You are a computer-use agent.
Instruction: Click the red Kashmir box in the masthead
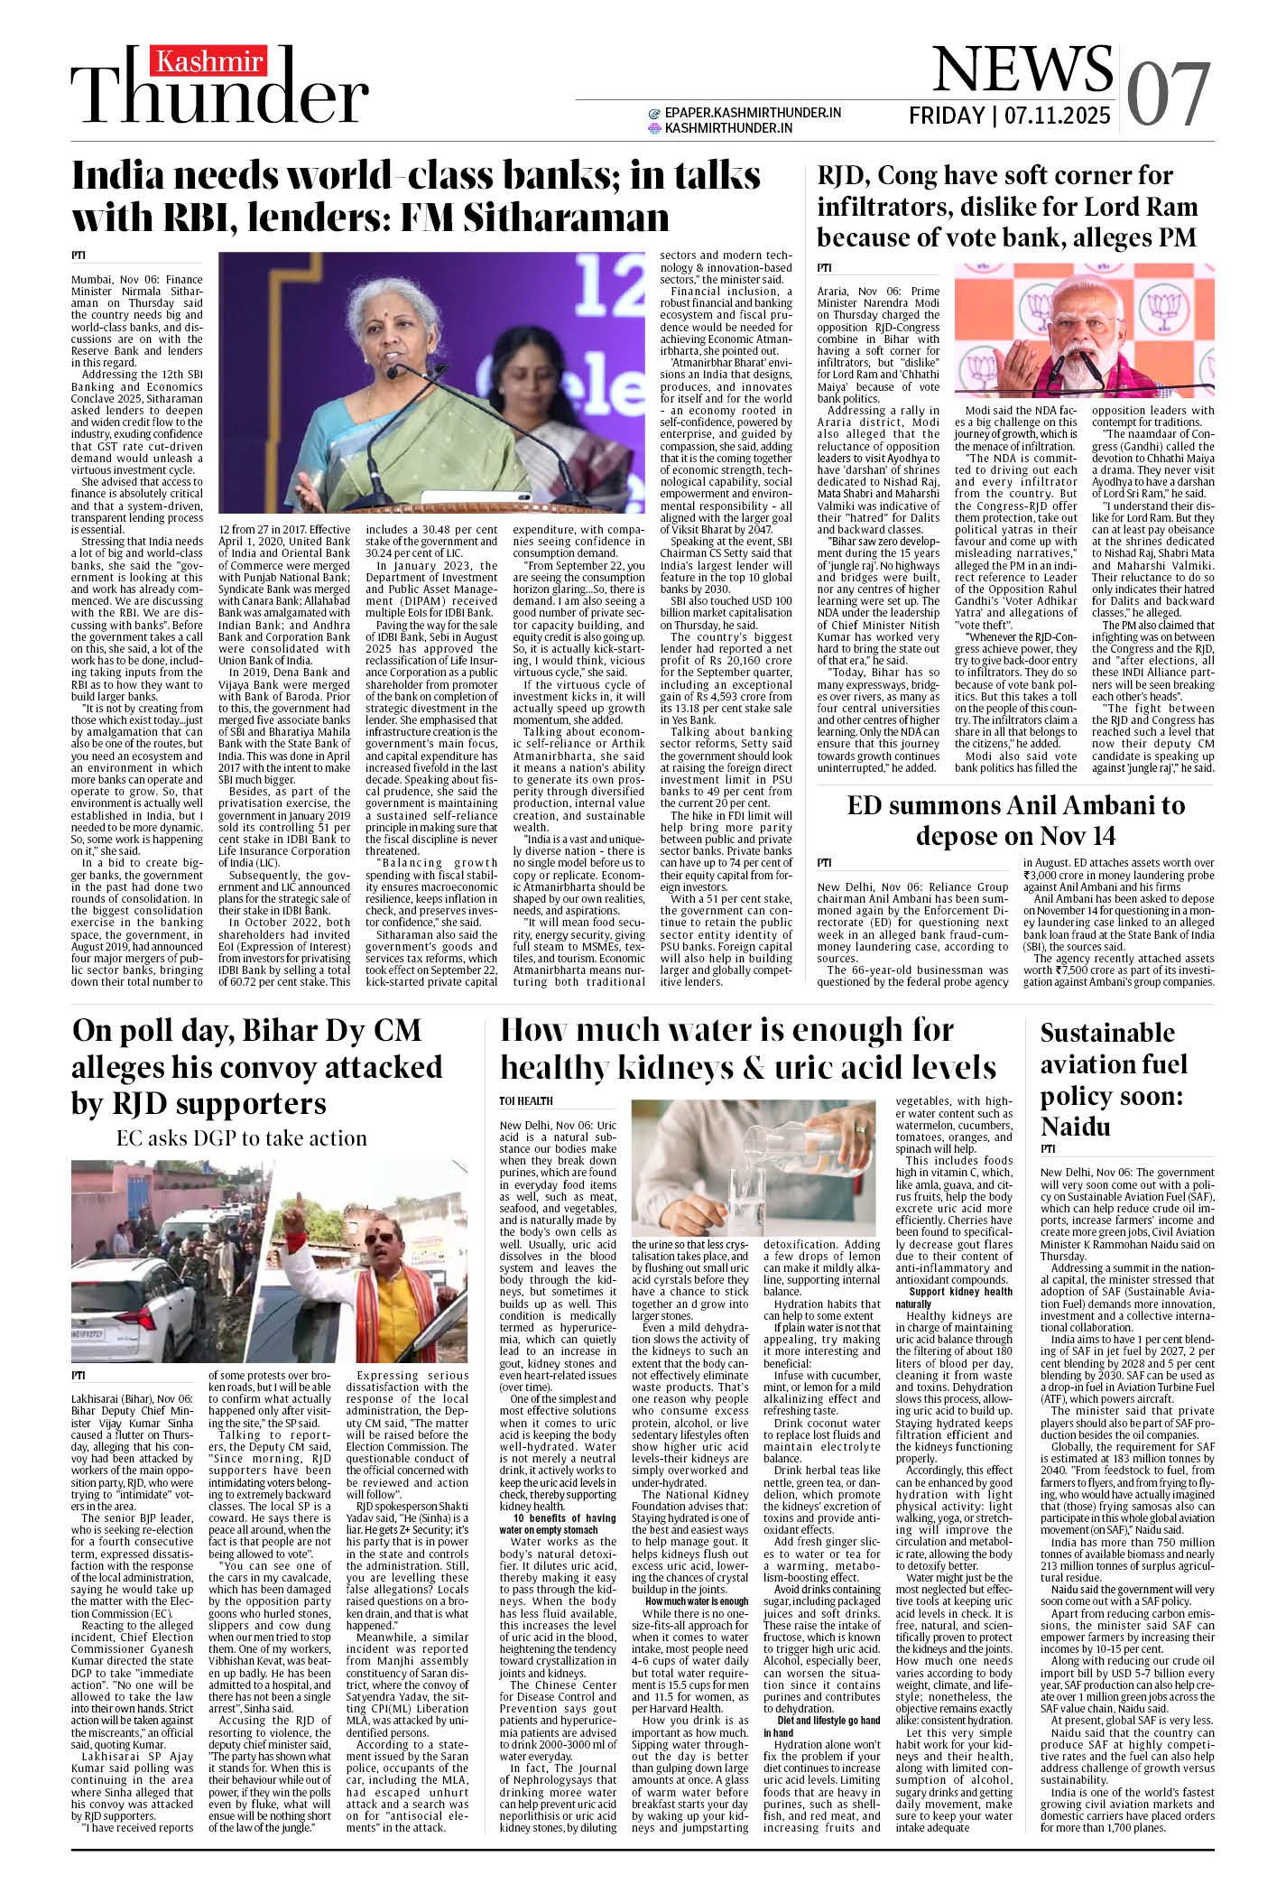click(209, 61)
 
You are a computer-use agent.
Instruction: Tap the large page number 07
click(1169, 95)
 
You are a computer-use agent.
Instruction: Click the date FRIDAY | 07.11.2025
click(1009, 116)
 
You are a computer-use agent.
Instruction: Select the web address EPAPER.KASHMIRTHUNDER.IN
click(753, 113)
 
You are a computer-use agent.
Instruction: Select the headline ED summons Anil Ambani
click(1015, 820)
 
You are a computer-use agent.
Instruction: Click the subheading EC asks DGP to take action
click(241, 1138)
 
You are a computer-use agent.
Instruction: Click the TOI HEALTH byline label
click(526, 1100)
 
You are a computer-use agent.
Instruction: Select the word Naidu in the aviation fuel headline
click(1075, 1127)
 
